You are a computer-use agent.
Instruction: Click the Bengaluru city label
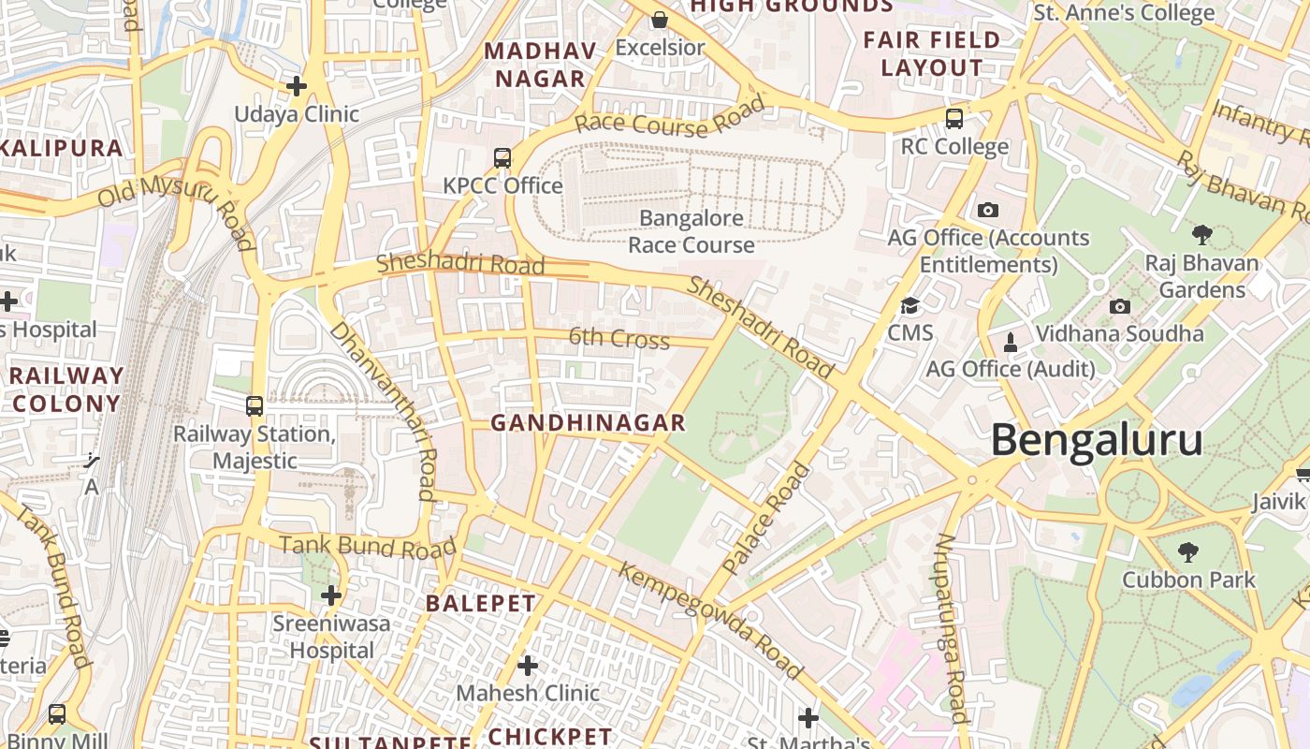[x=1097, y=440]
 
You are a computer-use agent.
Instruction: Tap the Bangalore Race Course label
[x=691, y=231]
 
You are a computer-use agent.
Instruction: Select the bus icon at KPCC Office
[x=502, y=158]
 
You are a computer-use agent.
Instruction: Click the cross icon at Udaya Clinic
[x=297, y=87]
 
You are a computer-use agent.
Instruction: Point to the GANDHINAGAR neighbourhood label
[x=588, y=423]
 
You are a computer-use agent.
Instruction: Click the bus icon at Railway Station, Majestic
[x=254, y=406]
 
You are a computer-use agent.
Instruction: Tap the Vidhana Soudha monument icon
[x=1011, y=342]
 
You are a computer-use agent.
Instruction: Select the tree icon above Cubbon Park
[x=1188, y=552]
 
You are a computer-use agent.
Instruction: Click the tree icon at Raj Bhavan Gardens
[x=1202, y=235]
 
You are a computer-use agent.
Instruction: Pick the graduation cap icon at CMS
[x=910, y=306]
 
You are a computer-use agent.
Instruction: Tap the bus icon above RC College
[x=954, y=119]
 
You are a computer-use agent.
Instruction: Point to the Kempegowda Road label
[x=710, y=619]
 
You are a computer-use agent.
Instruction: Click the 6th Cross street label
[x=619, y=338]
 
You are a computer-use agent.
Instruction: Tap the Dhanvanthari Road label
[x=384, y=410]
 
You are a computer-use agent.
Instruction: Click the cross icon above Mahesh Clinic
[x=528, y=666]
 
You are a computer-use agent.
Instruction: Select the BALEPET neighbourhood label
[x=481, y=604]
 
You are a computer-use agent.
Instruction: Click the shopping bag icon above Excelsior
[x=660, y=20]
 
